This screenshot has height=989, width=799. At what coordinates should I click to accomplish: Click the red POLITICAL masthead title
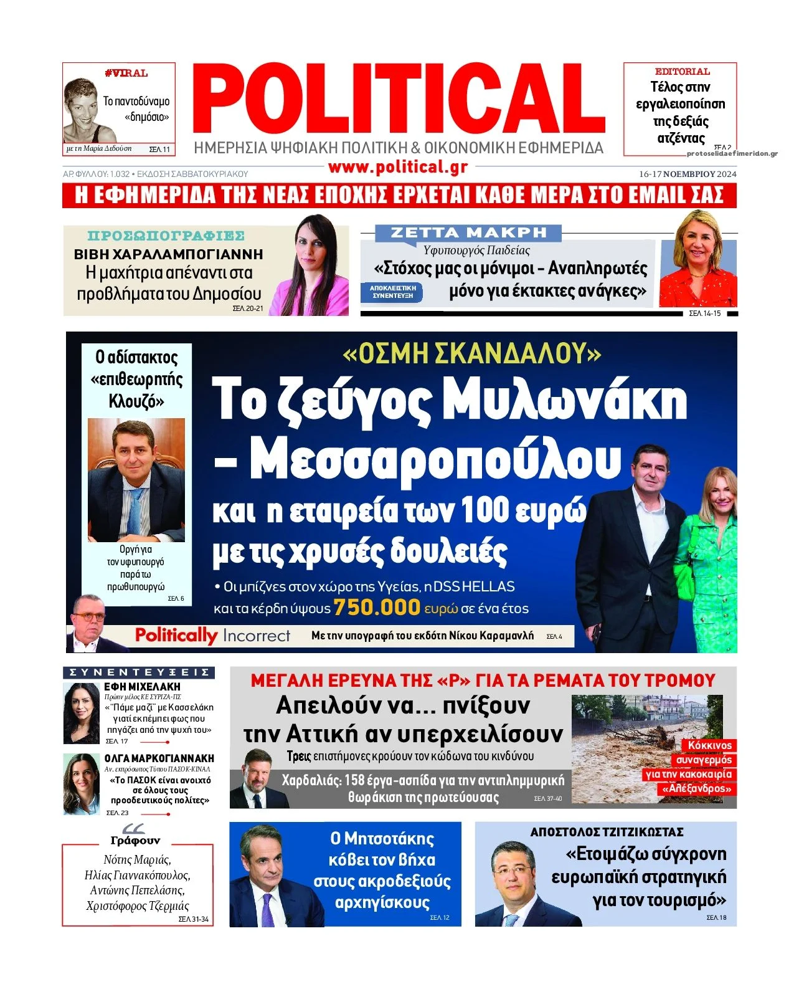click(x=399, y=100)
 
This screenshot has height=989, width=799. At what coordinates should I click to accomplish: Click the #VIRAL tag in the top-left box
click(x=126, y=74)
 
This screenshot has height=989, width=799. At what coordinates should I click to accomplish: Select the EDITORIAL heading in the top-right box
click(x=682, y=72)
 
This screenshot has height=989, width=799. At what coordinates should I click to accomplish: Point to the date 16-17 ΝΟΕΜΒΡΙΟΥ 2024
click(x=688, y=174)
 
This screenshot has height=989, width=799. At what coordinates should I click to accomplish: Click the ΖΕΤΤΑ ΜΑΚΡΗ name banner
click(x=468, y=233)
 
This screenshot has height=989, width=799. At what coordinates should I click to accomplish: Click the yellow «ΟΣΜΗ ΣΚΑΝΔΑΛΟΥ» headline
click(x=471, y=354)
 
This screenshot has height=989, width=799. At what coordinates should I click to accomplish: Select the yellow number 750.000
click(x=377, y=607)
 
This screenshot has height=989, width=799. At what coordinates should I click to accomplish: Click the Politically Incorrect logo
click(x=212, y=636)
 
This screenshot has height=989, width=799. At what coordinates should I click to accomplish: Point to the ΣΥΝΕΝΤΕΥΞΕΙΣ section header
click(x=139, y=672)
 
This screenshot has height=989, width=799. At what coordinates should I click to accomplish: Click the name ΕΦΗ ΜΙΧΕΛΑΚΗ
click(x=142, y=687)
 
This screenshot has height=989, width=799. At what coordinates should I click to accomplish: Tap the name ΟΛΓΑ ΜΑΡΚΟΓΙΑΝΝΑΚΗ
click(x=159, y=758)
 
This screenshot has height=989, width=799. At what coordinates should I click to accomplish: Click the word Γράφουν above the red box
click(x=135, y=840)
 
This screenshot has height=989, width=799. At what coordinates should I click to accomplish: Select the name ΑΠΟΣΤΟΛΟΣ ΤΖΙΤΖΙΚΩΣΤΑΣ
click(x=607, y=832)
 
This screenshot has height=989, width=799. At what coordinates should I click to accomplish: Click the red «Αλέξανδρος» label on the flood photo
click(x=697, y=789)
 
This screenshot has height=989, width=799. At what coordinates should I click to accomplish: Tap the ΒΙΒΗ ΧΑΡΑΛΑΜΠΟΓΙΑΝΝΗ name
click(x=168, y=254)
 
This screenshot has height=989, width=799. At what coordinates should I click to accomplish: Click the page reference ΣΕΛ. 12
click(x=439, y=918)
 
